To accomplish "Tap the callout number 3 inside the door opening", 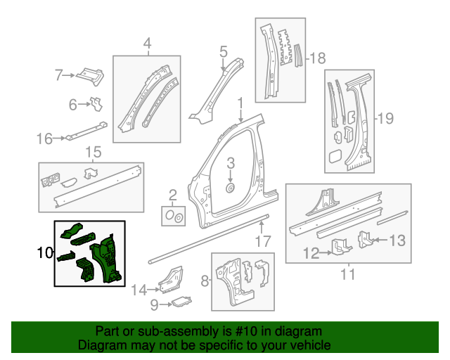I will [x=230, y=165].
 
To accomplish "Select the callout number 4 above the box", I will [x=148, y=45].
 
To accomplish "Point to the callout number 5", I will [x=223, y=51].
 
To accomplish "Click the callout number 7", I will [x=60, y=74].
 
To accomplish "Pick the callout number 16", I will [x=44, y=139].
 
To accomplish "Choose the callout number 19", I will [x=385, y=118].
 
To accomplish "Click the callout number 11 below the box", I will [x=347, y=274].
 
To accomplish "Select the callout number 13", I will [x=397, y=240].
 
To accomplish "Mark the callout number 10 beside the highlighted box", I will [x=44, y=252].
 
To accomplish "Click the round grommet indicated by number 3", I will [x=230, y=189].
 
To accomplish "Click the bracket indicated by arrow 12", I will [x=341, y=247].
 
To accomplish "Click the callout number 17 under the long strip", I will [x=262, y=242].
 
